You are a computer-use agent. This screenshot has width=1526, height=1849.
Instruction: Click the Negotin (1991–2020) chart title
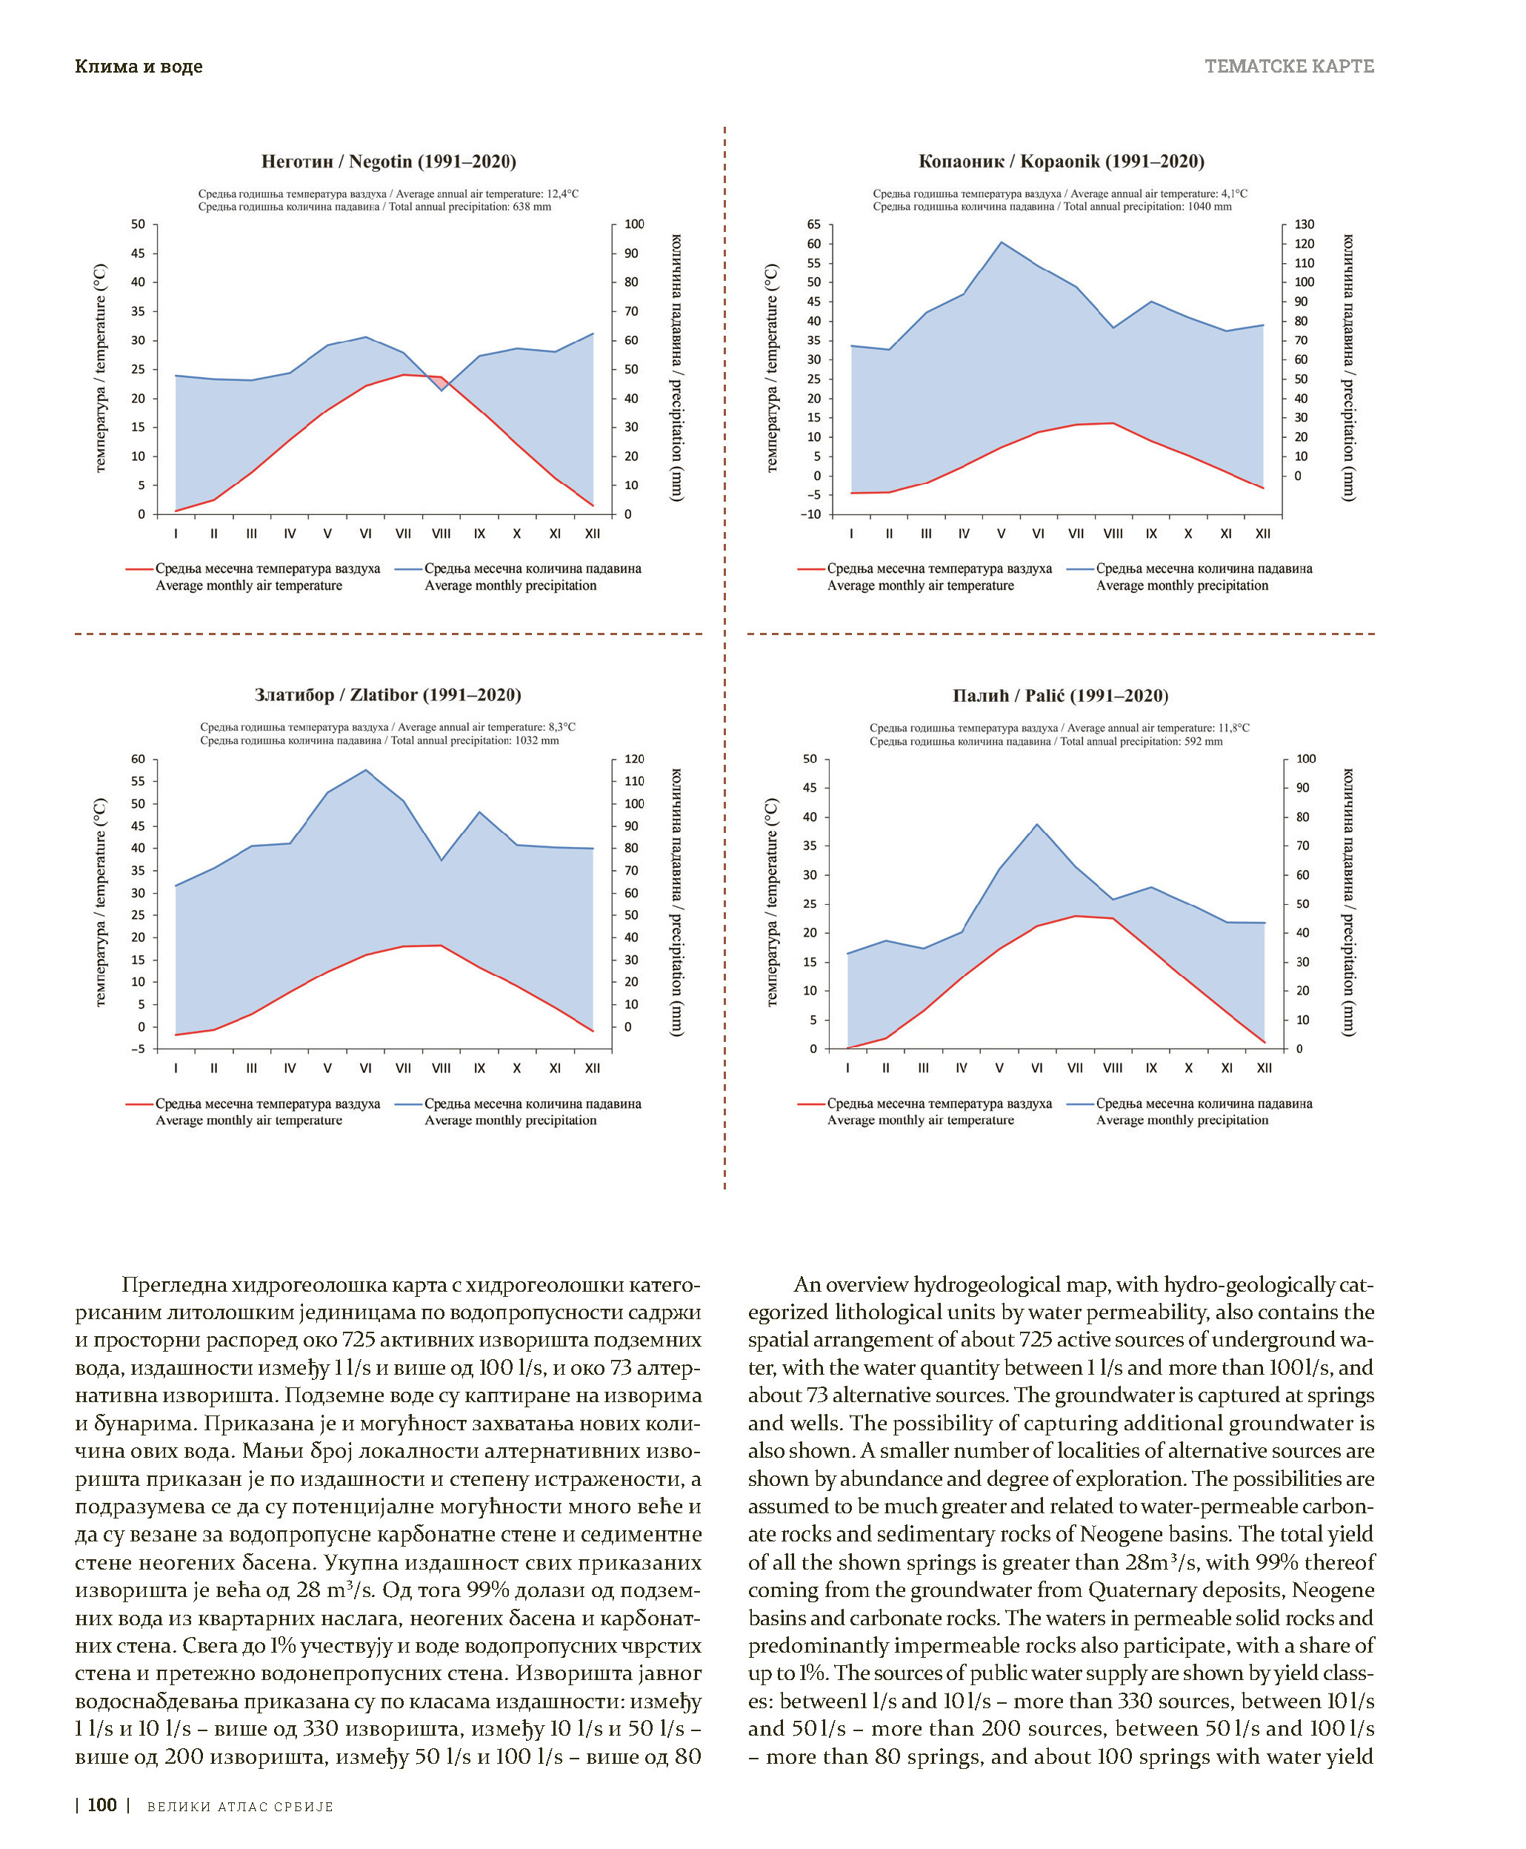coord(388,162)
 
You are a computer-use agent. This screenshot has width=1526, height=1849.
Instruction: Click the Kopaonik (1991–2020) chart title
coord(1060,162)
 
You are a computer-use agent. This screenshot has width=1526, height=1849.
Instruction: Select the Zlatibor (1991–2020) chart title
coord(387,695)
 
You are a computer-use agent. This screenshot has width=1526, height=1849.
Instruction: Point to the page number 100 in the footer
coord(102,1805)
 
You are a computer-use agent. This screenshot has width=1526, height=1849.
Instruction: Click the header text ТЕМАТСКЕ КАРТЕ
coord(1289,67)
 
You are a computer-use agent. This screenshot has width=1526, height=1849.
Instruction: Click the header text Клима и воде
coord(139,67)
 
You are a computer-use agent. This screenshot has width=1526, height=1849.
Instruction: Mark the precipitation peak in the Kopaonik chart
coord(1002,242)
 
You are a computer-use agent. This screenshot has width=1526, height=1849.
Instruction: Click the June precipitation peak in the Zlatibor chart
coord(366,770)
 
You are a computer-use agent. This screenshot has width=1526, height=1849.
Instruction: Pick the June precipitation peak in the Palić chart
coord(1037,825)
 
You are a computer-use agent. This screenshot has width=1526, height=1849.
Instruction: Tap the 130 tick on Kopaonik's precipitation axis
coord(1305,225)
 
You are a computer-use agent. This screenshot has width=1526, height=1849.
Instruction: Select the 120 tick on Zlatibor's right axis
coord(634,760)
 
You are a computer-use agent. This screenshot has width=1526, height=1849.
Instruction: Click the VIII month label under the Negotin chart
coord(442,534)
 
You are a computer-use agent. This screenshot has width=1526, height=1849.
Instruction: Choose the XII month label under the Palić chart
coord(1264,1068)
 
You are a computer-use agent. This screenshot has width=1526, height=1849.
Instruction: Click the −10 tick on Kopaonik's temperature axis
coord(810,514)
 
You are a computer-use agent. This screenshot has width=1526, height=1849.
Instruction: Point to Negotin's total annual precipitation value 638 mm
coord(532,208)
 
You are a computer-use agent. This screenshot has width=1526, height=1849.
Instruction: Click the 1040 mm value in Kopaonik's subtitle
coord(1210,208)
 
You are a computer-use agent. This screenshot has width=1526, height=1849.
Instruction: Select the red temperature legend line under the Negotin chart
coord(140,570)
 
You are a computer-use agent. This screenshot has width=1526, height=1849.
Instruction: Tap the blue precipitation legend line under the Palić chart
coord(1080,1104)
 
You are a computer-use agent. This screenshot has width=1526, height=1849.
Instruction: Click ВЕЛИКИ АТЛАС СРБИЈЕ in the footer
coord(240,1807)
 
